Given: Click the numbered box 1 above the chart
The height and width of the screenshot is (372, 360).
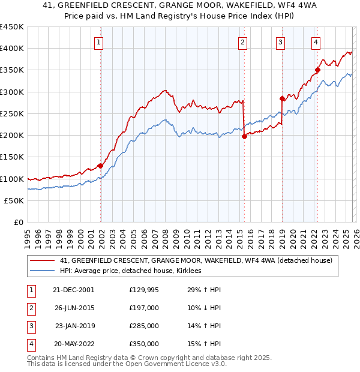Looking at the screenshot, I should pos(98,42).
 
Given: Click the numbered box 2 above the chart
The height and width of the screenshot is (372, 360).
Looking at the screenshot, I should pos(242,42).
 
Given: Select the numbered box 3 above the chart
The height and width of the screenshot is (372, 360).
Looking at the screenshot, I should pos(280,42).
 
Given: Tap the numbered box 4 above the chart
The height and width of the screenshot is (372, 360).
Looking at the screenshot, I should pos(316,42).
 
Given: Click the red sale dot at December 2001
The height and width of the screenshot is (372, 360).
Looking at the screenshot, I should pos(101,166).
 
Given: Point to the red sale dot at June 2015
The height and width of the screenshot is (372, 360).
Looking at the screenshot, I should pos(244,137).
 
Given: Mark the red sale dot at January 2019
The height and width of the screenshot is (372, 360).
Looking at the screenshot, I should pos(282,98).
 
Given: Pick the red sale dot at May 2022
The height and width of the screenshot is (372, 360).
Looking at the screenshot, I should pos(317,70).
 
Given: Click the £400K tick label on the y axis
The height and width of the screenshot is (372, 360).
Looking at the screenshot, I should pos(12,49).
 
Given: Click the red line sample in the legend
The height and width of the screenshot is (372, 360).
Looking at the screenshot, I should pos(42,260).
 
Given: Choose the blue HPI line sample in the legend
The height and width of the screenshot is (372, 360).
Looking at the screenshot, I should pos(42,271).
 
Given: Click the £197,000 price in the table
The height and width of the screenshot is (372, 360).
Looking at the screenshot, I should pos(143,308).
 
